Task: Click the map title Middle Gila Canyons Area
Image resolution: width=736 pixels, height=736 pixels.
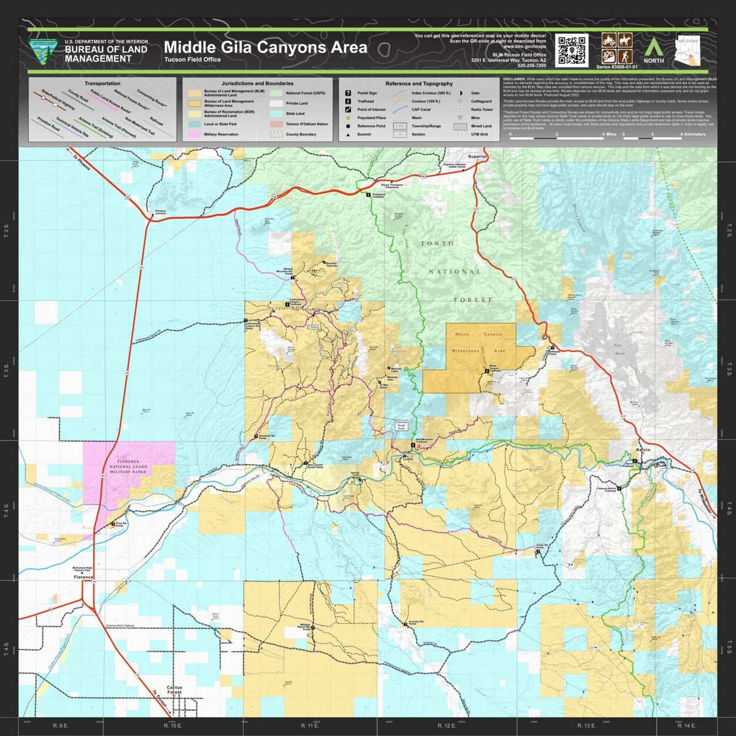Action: (265, 47)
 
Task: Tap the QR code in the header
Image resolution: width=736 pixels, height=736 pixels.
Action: (572, 50)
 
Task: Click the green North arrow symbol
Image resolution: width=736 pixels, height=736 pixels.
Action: (653, 45)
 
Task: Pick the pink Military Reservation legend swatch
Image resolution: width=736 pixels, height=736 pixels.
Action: (194, 134)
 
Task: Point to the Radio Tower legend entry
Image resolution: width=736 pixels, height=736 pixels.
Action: (481, 110)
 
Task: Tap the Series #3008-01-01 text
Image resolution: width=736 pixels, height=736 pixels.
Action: (616, 66)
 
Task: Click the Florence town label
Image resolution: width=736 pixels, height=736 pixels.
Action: (83, 577)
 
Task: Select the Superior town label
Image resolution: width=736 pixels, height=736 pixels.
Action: (477, 156)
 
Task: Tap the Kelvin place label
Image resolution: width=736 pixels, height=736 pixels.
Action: (643, 450)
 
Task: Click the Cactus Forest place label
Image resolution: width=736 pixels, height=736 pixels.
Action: (174, 690)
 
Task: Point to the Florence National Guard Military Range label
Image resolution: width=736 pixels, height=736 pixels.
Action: (128, 467)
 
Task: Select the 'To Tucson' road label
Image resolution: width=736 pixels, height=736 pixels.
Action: (158, 703)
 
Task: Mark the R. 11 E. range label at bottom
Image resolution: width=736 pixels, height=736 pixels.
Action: (309, 726)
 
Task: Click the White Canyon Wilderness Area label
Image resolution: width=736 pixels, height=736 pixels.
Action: (478, 343)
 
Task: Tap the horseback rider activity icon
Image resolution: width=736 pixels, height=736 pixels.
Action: (625, 40)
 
